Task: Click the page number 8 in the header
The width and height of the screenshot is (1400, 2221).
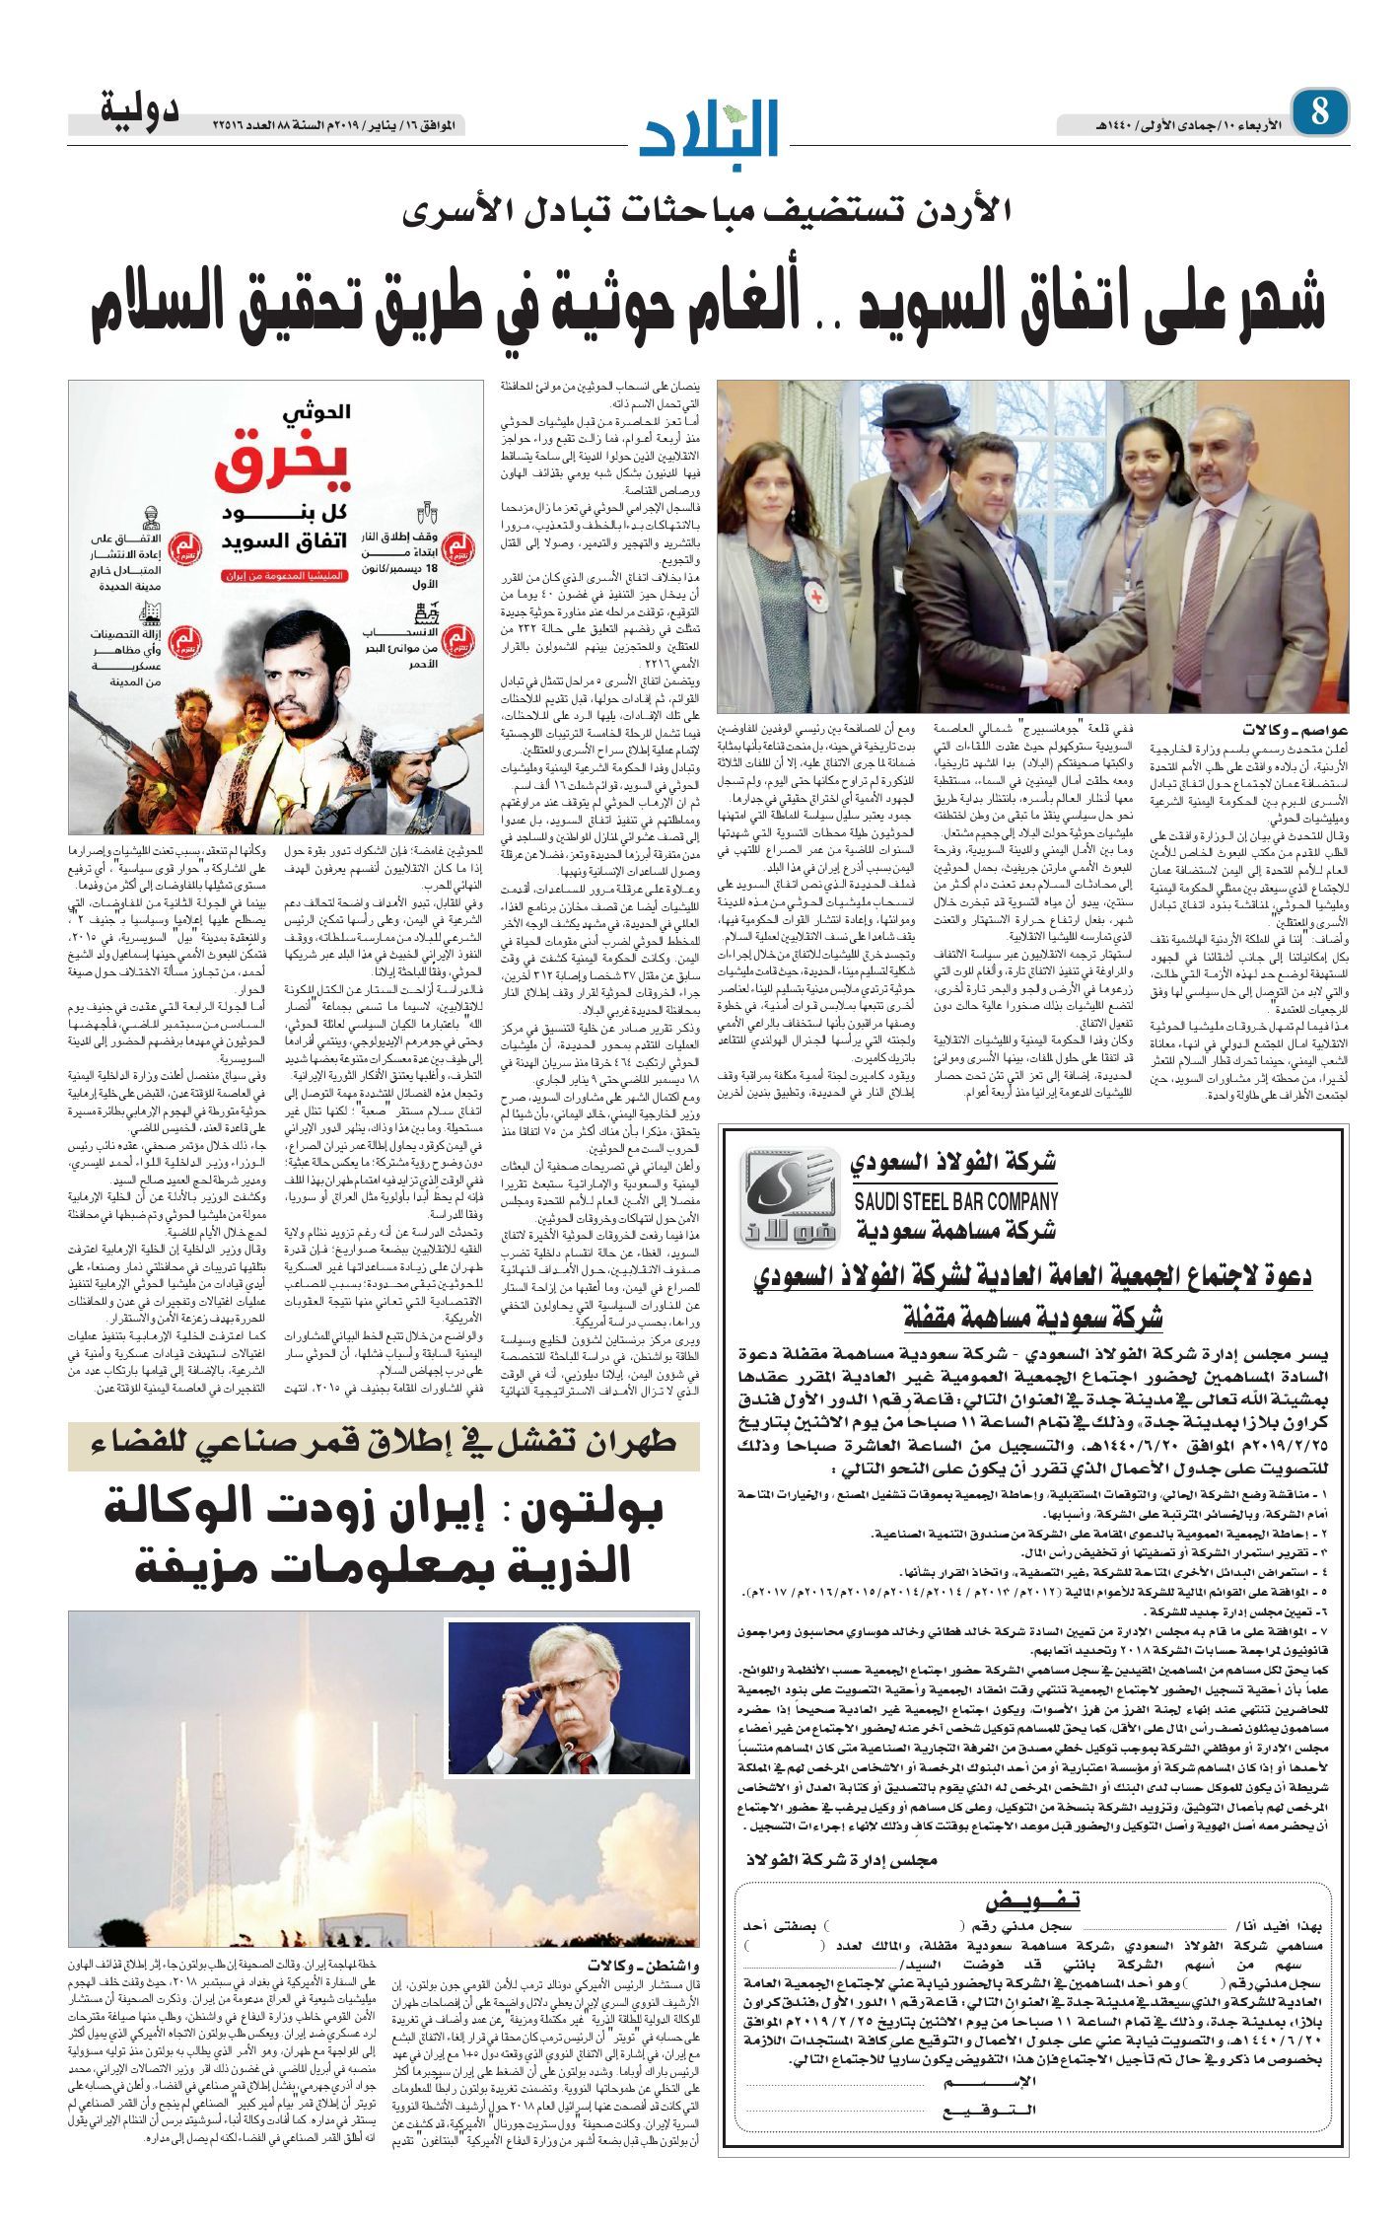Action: [1319, 112]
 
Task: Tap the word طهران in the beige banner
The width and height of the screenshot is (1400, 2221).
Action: [631, 1443]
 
